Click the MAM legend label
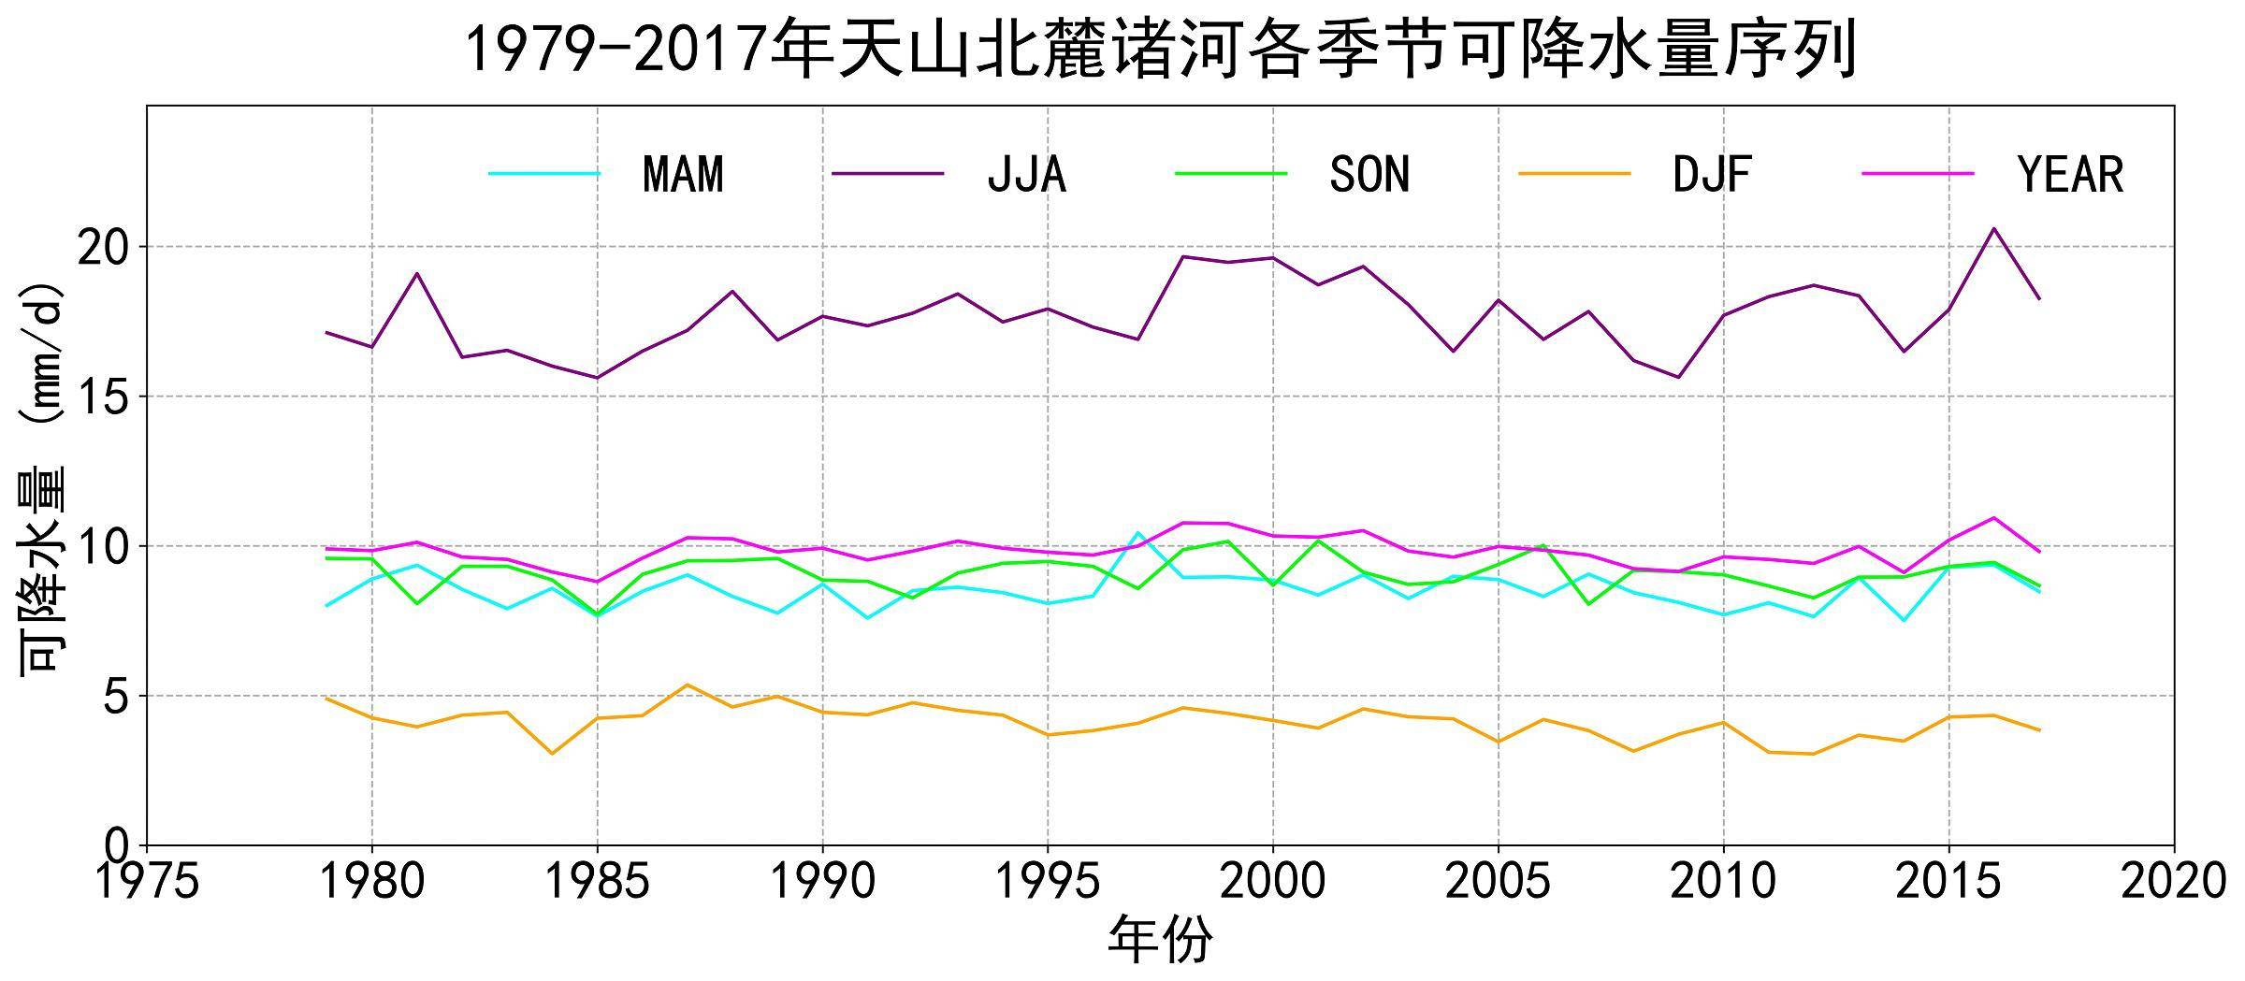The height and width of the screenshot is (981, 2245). pos(683,175)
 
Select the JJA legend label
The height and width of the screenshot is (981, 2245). pos(1026,175)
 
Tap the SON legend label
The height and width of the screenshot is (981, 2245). pos(1369,175)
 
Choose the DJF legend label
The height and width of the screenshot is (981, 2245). pos(1712,175)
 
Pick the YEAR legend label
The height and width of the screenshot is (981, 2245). pos(2070,175)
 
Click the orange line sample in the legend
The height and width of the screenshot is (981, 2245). pos(1574,174)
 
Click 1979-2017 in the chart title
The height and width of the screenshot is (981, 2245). pos(617,49)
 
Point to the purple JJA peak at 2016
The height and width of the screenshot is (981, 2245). pos(1993,228)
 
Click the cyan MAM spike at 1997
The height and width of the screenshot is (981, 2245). pos(1137,533)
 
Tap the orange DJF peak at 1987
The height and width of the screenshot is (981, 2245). pos(688,685)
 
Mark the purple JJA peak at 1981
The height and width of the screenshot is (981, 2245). pos(417,273)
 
